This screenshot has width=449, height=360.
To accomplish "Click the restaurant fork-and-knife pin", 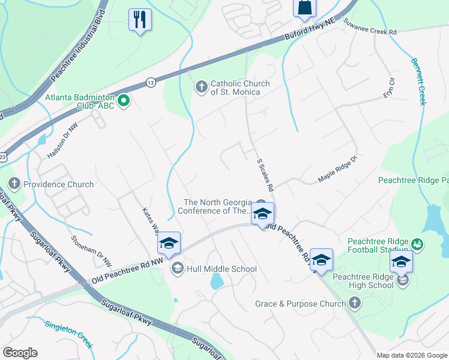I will pyautogui.click(x=140, y=19).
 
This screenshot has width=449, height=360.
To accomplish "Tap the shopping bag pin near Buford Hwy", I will pyautogui.click(x=304, y=7).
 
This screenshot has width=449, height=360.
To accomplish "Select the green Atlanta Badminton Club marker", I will pyautogui.click(x=124, y=101).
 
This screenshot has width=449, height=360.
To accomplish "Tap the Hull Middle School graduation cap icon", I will pyautogui.click(x=177, y=269).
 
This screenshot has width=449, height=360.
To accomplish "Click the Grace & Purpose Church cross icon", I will pyautogui.click(x=355, y=304).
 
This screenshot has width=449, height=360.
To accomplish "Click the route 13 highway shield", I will pyautogui.click(x=151, y=82).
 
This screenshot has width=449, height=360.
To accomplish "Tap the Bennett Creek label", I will pyautogui.click(x=418, y=82).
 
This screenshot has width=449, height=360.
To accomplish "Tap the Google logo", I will pyautogui.click(x=20, y=353).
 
